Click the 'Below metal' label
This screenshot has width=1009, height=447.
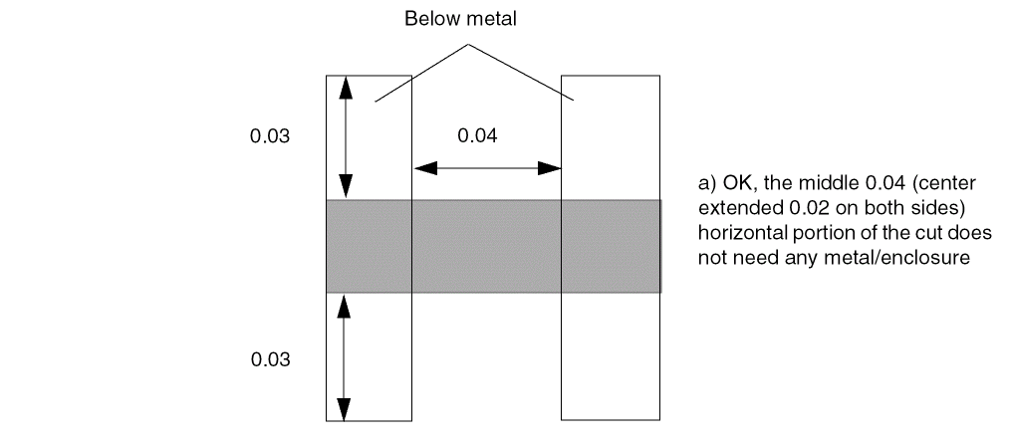460,20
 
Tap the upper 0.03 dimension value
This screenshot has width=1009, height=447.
269,136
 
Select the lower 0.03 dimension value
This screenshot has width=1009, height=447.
269,359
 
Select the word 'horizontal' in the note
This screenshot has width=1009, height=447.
737,236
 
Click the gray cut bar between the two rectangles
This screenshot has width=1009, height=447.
486,246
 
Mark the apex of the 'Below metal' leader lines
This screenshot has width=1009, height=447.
464,44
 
